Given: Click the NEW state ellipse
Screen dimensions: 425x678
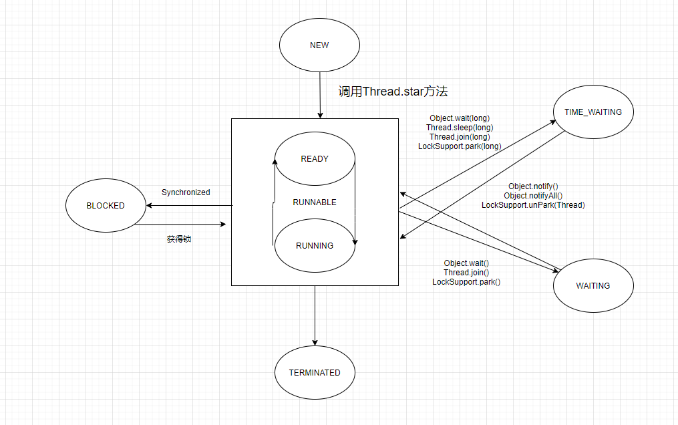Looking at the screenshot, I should tap(319, 45).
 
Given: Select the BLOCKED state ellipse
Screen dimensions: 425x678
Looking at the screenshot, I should tap(106, 206).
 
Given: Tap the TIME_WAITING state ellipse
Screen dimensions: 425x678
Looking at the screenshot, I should tap(593, 112).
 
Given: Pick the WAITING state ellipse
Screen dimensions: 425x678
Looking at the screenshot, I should tap(593, 285).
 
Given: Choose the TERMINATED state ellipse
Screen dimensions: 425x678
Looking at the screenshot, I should tap(315, 373).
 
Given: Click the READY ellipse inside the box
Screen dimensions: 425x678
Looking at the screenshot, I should tap(315, 159).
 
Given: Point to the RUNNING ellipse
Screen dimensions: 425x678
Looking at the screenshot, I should tap(315, 245).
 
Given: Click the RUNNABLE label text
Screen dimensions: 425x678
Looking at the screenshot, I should tap(315, 202).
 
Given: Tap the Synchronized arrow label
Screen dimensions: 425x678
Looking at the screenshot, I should tap(186, 192).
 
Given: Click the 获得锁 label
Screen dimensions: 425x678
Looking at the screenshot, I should tap(179, 239).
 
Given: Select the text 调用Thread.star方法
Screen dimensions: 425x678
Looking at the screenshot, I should tap(397, 92).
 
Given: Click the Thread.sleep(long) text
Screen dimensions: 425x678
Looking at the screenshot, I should tap(460, 128).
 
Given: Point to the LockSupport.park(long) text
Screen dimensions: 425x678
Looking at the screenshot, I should tap(460, 146).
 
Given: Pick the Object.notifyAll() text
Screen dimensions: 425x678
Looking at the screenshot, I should tap(533, 196).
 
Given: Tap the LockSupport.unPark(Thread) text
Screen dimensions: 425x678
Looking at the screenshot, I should tap(533, 205).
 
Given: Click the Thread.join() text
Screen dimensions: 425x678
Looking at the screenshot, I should tap(466, 273).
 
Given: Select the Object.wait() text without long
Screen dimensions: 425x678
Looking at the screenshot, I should tap(466, 263).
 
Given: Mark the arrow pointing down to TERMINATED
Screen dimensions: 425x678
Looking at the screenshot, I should tap(315, 314).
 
